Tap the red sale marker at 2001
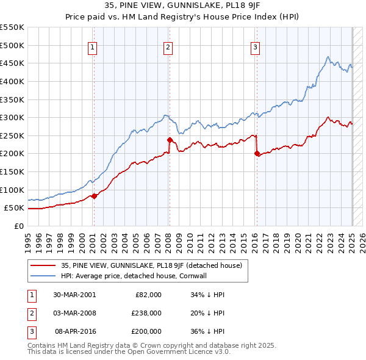tap(94, 196)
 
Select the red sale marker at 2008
tap(170, 140)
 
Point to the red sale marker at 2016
tap(257, 154)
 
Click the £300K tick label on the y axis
tap(12, 117)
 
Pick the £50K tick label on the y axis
tap(14, 208)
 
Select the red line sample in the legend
tap(43, 265)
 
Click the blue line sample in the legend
tap(43, 275)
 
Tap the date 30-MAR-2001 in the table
tap(74, 295)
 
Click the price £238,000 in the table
tap(147, 313)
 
